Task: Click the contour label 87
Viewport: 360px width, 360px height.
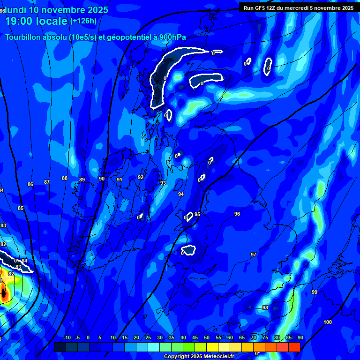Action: click(47, 182)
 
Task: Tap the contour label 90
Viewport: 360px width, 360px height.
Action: click(102, 179)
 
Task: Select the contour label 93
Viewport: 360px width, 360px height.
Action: click(163, 183)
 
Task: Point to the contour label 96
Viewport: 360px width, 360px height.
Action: click(237, 214)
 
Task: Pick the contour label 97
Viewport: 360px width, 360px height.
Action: click(254, 255)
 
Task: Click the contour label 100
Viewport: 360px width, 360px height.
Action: click(328, 322)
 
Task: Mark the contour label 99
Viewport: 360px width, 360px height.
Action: click(315, 292)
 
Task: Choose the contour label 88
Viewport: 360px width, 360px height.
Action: click(65, 178)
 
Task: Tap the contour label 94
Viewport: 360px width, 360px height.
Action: click(181, 194)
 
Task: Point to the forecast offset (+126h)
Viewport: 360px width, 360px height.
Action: click(83, 21)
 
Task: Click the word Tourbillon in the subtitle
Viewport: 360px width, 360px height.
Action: click(26, 37)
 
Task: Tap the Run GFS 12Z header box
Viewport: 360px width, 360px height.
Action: click(299, 7)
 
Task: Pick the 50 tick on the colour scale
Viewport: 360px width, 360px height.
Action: click(207, 338)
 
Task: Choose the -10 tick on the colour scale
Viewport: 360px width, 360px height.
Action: click(67, 338)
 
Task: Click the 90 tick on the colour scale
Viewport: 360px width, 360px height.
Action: click(300, 338)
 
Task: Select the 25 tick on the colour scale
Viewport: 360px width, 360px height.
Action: click(148, 338)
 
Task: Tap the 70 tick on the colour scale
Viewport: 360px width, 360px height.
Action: click(254, 338)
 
